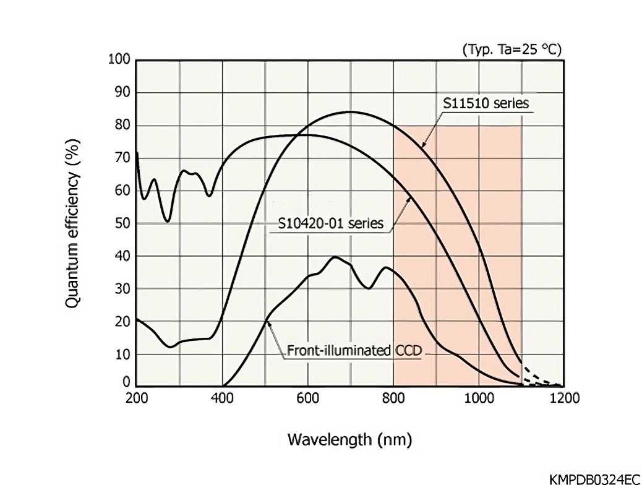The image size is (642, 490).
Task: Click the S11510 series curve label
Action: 486,103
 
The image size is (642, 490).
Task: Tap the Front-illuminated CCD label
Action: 354,351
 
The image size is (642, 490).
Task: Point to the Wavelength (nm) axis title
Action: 349,440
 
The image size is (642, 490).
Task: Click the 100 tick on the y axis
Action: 119,60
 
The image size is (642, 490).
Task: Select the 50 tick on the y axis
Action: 122,223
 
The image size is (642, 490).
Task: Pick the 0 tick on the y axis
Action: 126,382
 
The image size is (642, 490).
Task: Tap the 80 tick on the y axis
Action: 122,125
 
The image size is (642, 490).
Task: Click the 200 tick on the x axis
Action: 136,398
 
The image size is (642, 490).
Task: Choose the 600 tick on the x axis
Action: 307,398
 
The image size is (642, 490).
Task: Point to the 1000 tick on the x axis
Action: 479,398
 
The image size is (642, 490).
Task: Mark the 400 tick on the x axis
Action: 222,398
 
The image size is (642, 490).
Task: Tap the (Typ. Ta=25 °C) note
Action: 511,50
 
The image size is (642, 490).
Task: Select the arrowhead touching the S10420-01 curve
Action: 410,198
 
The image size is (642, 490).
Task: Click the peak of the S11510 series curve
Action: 351,112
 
